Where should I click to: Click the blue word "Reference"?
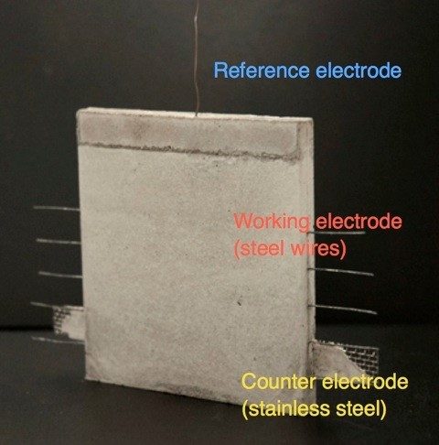pos(262,71)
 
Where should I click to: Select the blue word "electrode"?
pos(359,71)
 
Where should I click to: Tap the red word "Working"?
pos(272,222)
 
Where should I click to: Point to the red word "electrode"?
pos(359,221)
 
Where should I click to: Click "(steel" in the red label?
pos(260,249)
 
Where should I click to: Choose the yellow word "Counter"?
pos(279,382)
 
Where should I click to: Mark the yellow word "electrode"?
pos(365,382)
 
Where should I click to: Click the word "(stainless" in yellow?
pos(286,408)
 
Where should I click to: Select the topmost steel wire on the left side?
pos(57,209)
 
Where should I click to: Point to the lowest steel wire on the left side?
pos(58,341)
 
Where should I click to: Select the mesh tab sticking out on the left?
pos(69,323)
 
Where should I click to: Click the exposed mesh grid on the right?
pos(363,360)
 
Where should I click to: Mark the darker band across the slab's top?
pos(189,135)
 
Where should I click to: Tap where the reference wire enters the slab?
pos(197,115)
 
